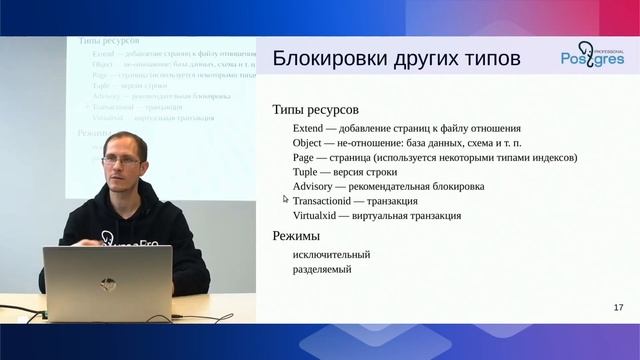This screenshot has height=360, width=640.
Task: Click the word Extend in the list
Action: pyautogui.click(x=311, y=129)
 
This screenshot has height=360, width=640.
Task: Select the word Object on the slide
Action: pyautogui.click(x=310, y=143)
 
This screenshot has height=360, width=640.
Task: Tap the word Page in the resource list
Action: pyautogui.click(x=305, y=157)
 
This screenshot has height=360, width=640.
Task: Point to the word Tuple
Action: pyautogui.click(x=308, y=172)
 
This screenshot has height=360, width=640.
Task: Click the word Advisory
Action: pyautogui.click(x=315, y=186)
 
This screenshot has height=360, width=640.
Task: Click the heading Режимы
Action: pyautogui.click(x=296, y=236)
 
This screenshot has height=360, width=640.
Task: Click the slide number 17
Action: pyautogui.click(x=618, y=307)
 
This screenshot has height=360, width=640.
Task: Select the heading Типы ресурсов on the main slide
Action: pyautogui.click(x=315, y=108)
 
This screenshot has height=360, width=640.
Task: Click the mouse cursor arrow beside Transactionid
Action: pyautogui.click(x=286, y=200)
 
